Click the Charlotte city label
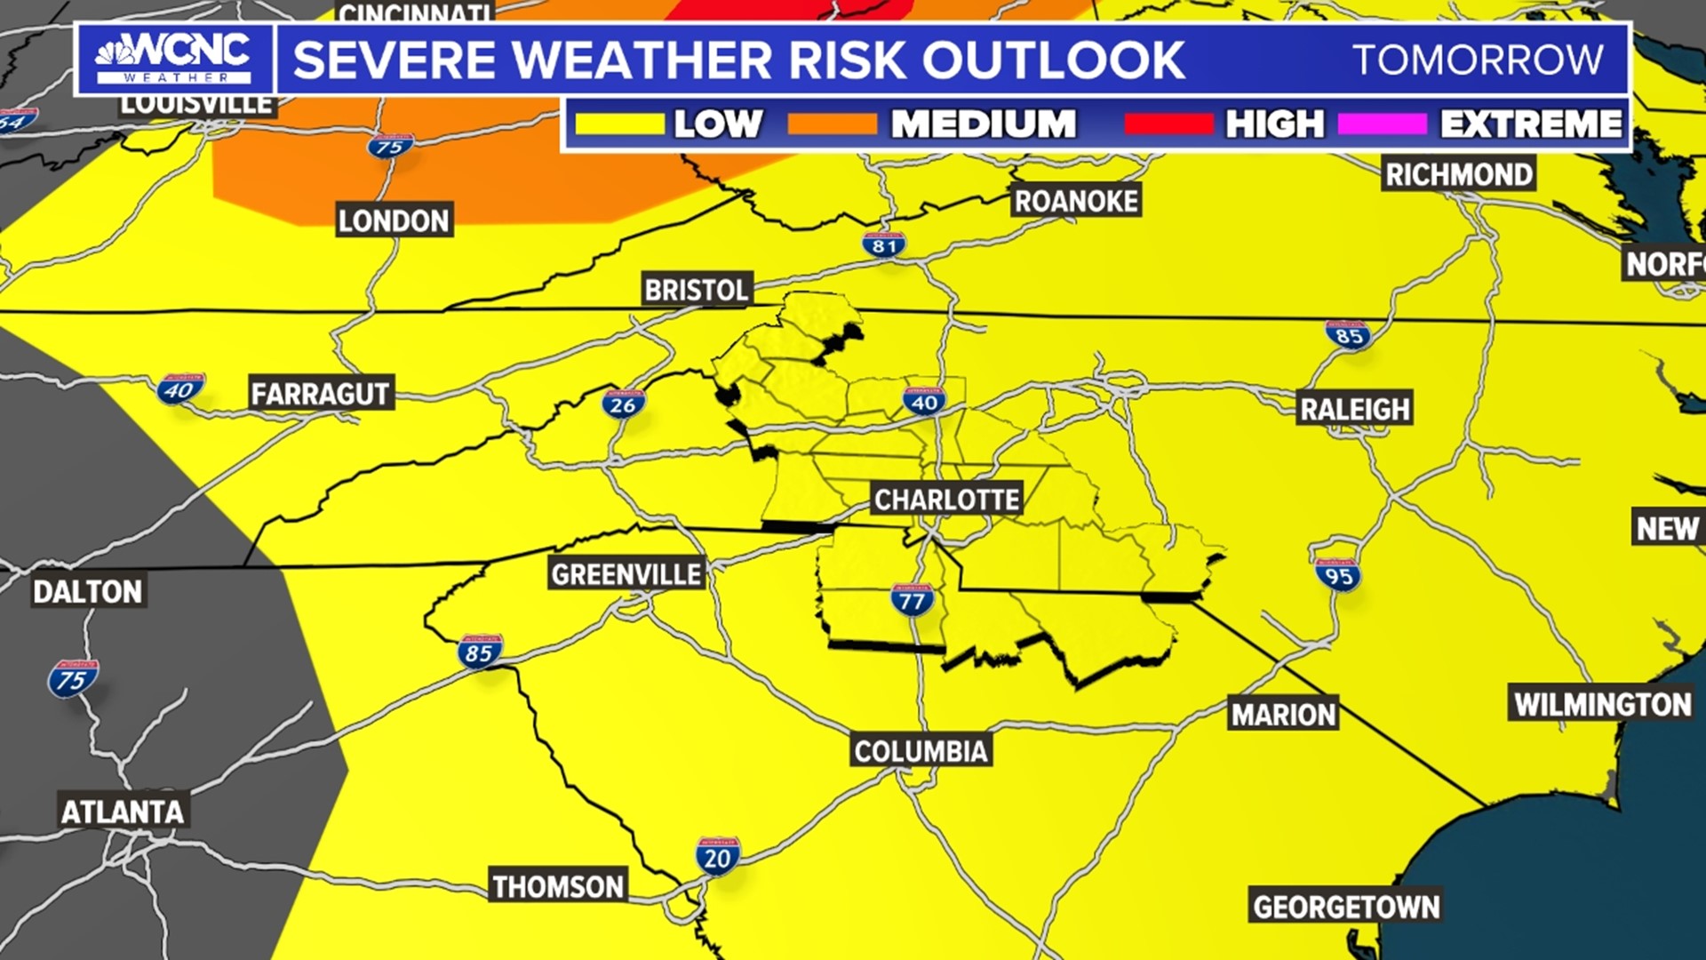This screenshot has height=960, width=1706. [x=946, y=500]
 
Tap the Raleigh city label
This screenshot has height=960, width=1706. [x=1355, y=409]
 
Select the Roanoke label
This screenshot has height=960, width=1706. [x=1076, y=201]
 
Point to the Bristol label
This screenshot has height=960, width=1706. [x=697, y=290]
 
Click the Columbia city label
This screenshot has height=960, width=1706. [x=921, y=751]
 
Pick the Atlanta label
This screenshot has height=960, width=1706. [x=123, y=811]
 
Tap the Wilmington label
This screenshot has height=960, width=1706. [x=1602, y=704]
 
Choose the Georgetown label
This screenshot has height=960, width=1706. [x=1346, y=907]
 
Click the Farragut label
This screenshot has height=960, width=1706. [x=320, y=394]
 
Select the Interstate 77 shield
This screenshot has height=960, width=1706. [x=913, y=600]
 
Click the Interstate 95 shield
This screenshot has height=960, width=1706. [x=1338, y=575]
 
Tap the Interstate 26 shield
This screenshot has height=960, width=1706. [x=624, y=404]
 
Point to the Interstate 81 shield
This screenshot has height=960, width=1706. [x=884, y=245]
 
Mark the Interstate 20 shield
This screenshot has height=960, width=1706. [x=717, y=857]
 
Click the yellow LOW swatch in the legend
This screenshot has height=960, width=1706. [x=619, y=124]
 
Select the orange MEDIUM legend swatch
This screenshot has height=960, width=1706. [x=833, y=124]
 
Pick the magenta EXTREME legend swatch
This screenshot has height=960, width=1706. [x=1382, y=124]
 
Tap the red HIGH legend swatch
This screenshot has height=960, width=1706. [x=1168, y=124]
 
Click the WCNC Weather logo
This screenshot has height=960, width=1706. [x=174, y=59]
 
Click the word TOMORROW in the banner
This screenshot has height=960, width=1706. [x=1479, y=60]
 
